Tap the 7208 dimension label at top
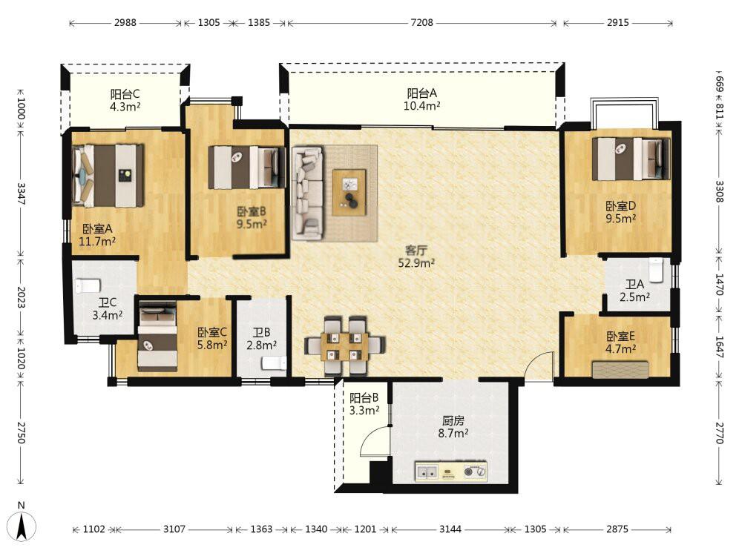click(421, 22)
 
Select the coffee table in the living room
click(349, 193)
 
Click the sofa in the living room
click(308, 193)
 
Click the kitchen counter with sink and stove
click(451, 471)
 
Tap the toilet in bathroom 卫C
click(88, 285)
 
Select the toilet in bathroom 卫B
click(274, 363)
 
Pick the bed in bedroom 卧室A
click(108, 176)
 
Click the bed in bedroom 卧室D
click(631, 159)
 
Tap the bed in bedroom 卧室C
click(157, 336)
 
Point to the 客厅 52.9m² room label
click(416, 257)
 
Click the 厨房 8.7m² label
click(453, 426)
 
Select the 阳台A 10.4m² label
click(422, 99)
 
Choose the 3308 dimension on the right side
click(719, 191)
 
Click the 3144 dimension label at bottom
click(450, 529)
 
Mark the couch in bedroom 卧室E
click(620, 369)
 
